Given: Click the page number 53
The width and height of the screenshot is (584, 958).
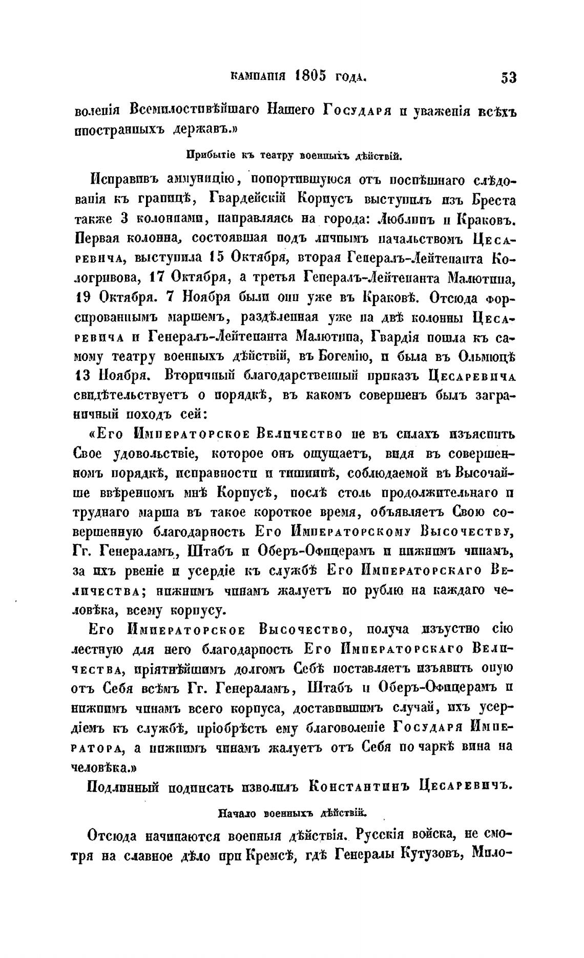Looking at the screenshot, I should coord(508,78).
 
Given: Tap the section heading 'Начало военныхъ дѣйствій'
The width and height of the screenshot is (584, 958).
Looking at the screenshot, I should coord(293,812).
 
